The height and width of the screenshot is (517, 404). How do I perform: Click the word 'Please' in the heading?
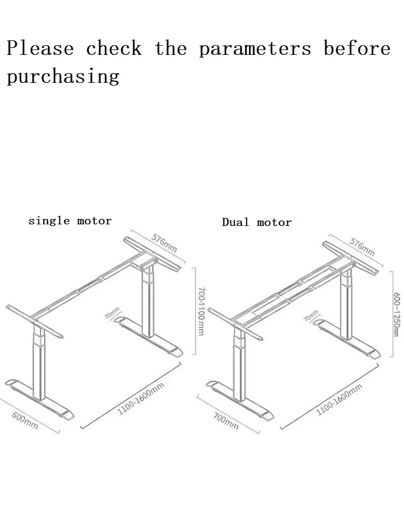[x=40, y=48]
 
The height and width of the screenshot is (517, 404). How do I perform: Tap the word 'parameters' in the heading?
[x=255, y=49]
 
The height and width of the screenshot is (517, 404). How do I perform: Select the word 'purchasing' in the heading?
[x=62, y=76]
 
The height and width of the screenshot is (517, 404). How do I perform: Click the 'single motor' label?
[x=70, y=221]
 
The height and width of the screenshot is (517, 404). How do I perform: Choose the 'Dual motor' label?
[x=256, y=222]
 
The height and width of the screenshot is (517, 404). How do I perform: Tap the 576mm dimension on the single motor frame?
[x=164, y=243]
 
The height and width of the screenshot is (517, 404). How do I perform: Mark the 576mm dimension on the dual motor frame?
[x=362, y=246]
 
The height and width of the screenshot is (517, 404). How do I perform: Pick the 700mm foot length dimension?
[x=225, y=420]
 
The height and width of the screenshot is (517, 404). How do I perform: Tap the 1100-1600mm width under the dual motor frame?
[x=339, y=399]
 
